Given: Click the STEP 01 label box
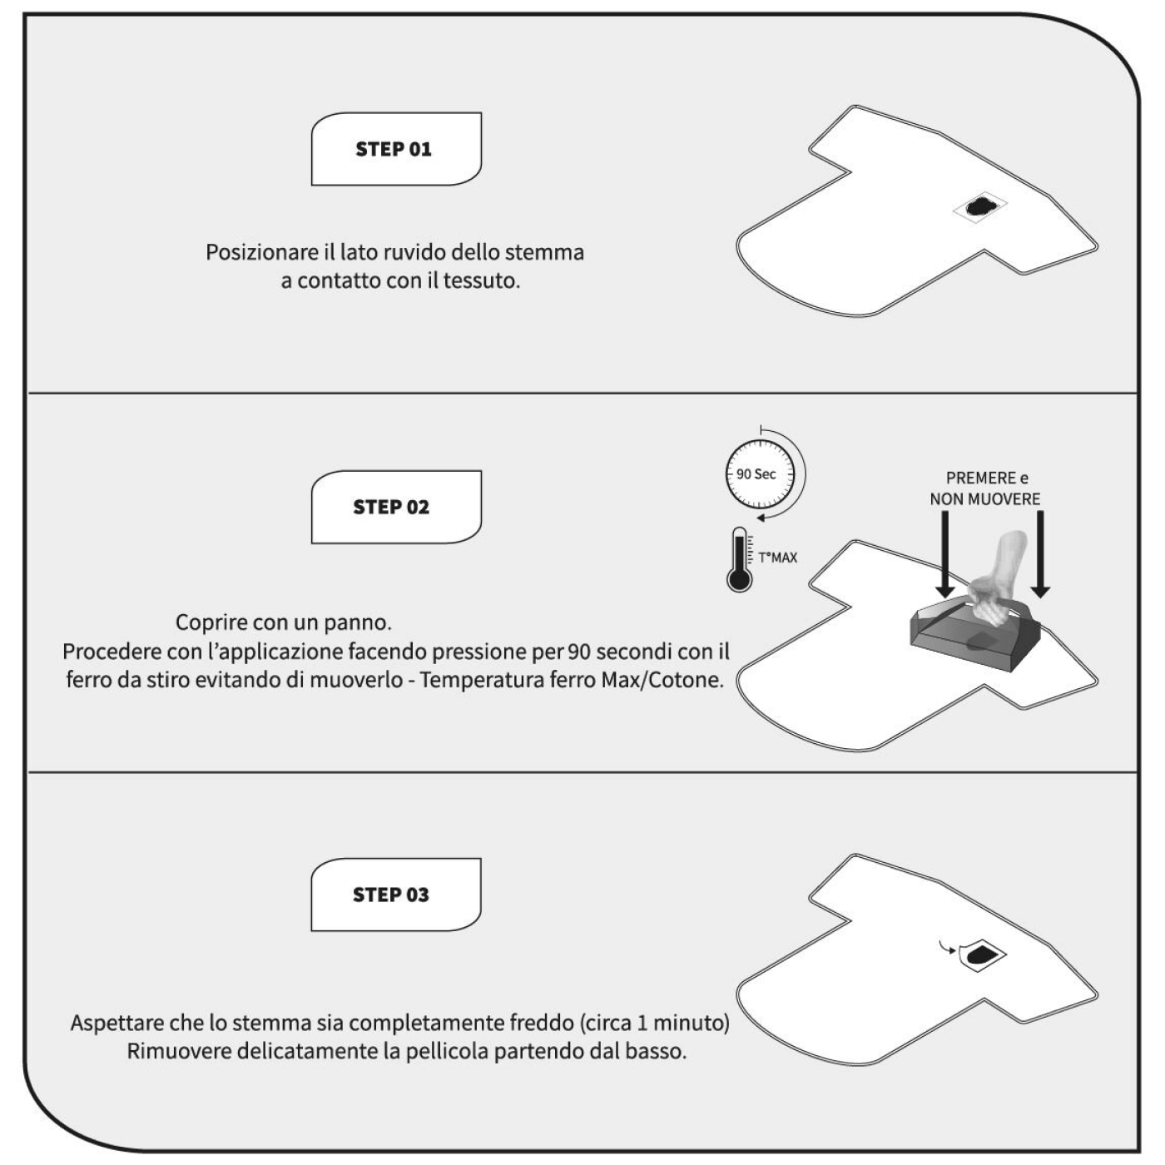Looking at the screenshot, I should pos(396,149).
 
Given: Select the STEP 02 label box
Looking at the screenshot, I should pos(396,507).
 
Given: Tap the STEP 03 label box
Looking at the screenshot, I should pos(396,895).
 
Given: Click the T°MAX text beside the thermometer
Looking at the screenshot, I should pos(778,558).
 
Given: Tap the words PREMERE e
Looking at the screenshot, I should pos(987,478).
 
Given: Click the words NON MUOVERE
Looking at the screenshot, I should pos(985,499).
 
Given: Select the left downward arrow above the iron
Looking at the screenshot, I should pos(945,553).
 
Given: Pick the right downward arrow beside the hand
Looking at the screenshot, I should pos(1040,553).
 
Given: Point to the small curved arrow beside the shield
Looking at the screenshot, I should pos(948,948).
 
